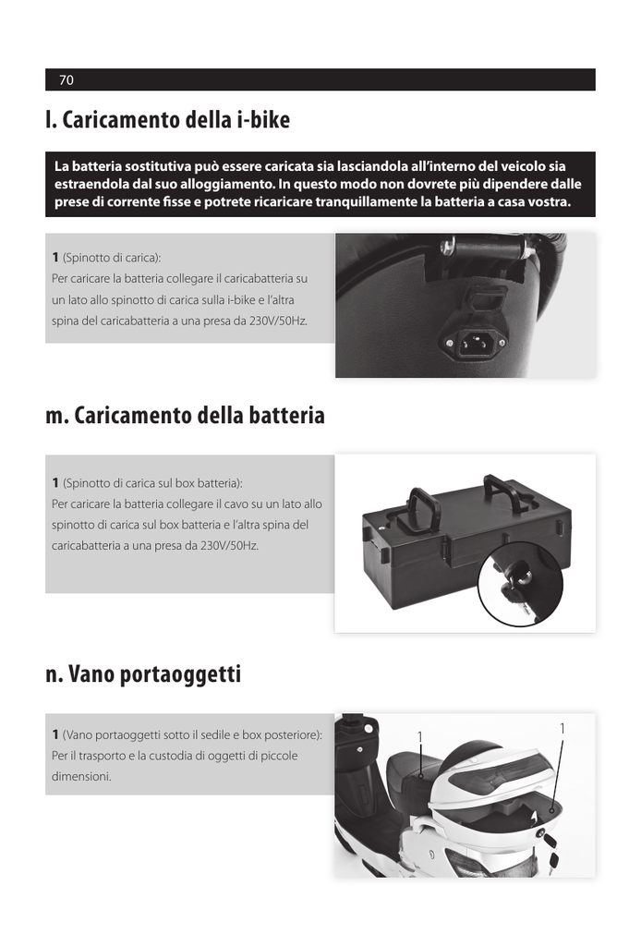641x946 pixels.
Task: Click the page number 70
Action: coord(67,79)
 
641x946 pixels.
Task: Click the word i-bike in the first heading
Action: coord(263,119)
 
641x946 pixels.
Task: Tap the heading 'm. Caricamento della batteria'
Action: coord(185,415)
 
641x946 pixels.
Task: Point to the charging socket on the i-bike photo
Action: coord(475,343)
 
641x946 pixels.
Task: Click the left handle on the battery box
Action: coord(423,509)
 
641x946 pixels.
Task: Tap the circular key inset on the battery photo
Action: coord(520,584)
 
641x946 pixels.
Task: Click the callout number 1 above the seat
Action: coord(419,736)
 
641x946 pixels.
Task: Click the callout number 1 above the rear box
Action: coord(562,728)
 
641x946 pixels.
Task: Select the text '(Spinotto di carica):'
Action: coord(112,258)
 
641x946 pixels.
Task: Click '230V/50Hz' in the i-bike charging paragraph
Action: coord(278,321)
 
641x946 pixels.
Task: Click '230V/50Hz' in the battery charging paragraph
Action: coord(229,545)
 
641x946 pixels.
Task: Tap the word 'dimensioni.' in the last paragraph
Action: coord(81,776)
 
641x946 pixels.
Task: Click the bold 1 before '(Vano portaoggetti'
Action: coord(55,734)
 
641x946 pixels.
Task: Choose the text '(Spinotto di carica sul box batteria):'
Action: coord(152,482)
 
